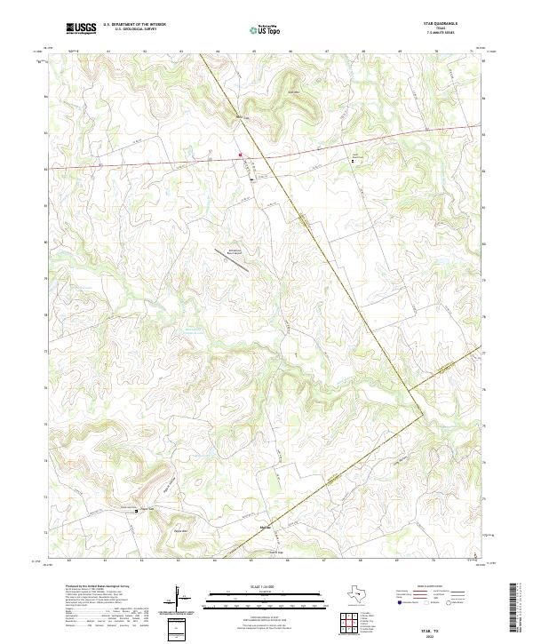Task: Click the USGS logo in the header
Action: [81, 28]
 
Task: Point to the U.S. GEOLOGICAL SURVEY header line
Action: [133, 29]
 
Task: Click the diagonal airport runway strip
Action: [225, 257]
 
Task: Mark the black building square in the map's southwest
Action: [135, 511]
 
